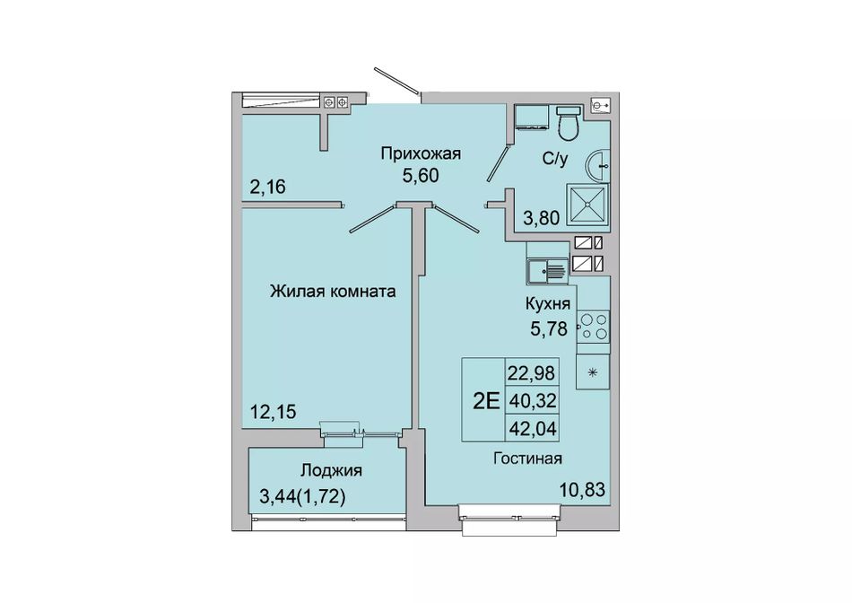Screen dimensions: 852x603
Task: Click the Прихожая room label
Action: tap(421, 153)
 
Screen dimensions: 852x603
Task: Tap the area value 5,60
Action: tap(421, 176)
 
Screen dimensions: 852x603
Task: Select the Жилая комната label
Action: tap(333, 292)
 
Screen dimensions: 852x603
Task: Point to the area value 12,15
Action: tap(274, 412)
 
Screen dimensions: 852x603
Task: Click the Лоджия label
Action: tap(332, 470)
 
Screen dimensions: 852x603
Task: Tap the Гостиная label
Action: tap(527, 459)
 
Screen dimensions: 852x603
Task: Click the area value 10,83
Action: tap(582, 490)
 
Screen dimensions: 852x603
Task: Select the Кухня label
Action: tap(548, 304)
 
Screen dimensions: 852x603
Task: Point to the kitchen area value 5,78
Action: tap(549, 328)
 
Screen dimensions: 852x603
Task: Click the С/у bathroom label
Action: tap(555, 160)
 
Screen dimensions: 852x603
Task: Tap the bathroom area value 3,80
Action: tap(541, 218)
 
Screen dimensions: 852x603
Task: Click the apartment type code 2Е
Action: tap(486, 401)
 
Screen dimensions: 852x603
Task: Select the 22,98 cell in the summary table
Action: tap(532, 373)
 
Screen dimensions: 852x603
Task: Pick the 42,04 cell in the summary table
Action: tap(533, 429)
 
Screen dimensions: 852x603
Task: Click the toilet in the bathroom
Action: tap(569, 122)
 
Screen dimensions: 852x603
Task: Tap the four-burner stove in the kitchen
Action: tap(593, 327)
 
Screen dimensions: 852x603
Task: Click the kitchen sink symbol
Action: tap(547, 270)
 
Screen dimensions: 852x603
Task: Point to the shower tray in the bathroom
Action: tap(587, 205)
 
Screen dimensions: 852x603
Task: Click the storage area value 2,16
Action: tap(268, 187)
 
